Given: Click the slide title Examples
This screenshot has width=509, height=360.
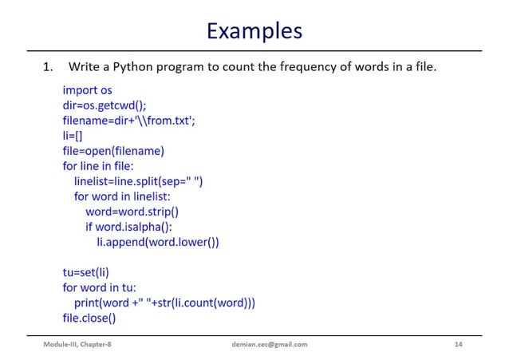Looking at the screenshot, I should [x=254, y=30].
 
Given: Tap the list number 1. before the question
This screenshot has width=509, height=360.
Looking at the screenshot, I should [x=49, y=67].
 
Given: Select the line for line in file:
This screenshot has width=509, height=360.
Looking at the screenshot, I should [x=98, y=166].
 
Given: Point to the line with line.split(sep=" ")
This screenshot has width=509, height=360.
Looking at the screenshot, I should [x=138, y=181].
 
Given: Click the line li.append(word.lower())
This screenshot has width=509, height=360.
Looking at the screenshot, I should [x=157, y=242].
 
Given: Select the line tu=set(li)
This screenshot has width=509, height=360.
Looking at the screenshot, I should [x=85, y=272].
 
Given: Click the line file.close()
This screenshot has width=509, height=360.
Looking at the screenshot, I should [x=89, y=318].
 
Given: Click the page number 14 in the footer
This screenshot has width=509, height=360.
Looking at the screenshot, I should [x=458, y=344].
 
